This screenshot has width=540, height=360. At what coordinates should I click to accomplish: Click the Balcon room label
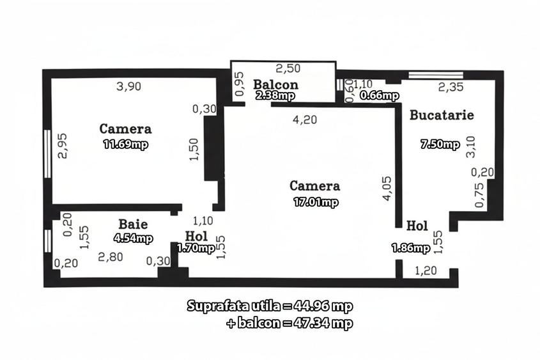coord(275,84)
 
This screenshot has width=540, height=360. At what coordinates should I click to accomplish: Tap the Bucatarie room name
coord(442,116)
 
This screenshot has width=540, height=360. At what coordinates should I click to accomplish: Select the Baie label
coord(133,224)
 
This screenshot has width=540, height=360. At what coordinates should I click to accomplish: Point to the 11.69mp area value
coord(126,144)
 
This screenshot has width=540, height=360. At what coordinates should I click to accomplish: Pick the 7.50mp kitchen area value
coord(440,144)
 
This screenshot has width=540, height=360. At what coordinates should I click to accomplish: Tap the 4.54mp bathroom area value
coord(133,239)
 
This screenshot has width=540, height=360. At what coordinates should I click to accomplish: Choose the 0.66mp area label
coord(379,96)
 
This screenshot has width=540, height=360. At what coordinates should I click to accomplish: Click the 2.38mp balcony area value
coord(275,95)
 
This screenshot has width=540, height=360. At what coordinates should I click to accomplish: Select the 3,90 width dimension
coord(129,88)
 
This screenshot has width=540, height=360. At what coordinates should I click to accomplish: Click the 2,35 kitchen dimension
coord(451,88)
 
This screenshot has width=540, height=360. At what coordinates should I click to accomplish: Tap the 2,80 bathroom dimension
coord(110,257)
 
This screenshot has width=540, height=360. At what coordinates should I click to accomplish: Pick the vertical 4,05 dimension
coord(386,189)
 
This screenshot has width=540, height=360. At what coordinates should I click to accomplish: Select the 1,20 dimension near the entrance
coord(426,270)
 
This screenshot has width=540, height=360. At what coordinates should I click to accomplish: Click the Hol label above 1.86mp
coord(417,226)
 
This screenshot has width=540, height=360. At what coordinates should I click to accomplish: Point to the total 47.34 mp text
coord(289,324)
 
